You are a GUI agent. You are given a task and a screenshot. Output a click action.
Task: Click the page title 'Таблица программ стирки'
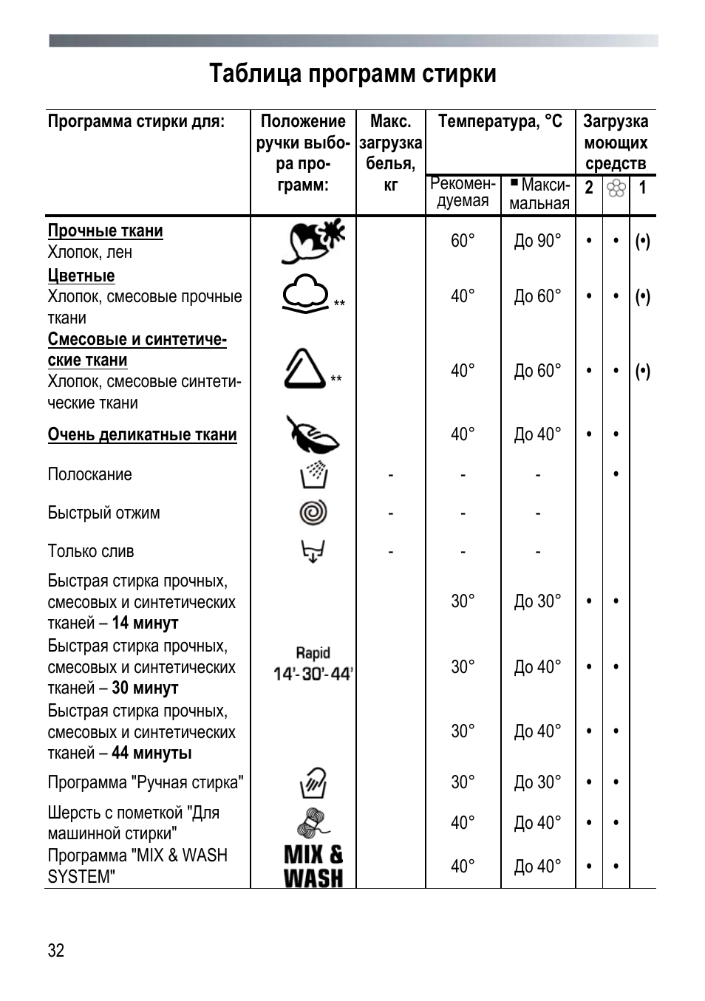pos(352,74)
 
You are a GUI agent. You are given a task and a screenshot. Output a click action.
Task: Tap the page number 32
pos(56,950)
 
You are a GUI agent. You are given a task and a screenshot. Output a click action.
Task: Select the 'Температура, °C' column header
pos(500,121)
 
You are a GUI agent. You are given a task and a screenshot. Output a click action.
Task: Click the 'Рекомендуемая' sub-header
pos(463,193)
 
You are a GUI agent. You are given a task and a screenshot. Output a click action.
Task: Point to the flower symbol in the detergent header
pos(616,188)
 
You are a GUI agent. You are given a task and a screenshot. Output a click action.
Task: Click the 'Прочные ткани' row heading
pos(105,231)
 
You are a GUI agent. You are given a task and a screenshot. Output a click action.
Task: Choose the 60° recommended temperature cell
pos(463,241)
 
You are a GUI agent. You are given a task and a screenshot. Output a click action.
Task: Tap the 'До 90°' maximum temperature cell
pos(537,241)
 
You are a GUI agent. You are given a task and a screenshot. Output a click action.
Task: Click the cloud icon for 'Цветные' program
pos(306,293)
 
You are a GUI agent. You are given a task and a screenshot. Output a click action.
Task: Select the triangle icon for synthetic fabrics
pos(304,369)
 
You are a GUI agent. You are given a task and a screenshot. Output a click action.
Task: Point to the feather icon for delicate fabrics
pos(312,434)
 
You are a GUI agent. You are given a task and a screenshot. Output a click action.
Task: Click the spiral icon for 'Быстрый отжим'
pos(313,513)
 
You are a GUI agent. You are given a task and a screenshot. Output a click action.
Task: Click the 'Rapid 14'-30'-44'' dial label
pos(313,664)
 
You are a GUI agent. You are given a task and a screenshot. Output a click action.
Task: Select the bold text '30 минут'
pos(145,689)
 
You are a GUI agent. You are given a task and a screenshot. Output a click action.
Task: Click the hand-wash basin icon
pos(313,782)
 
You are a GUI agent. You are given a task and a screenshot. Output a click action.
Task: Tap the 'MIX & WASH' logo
pos(313,867)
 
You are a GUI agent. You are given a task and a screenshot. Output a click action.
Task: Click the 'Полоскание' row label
pos(89,474)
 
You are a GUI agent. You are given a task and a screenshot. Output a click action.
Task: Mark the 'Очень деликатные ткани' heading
pos(142,435)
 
